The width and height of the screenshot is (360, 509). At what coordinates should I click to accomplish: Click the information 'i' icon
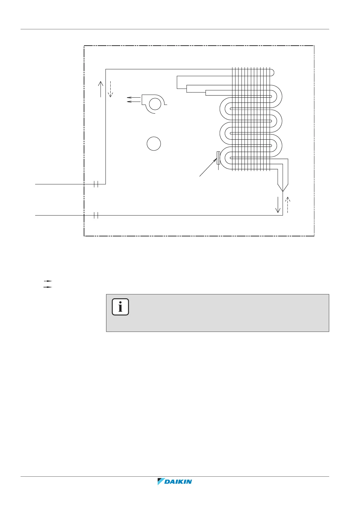(120, 307)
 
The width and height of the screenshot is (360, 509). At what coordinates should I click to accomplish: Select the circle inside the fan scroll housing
(155, 104)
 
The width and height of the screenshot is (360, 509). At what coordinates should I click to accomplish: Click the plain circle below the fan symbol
(154, 144)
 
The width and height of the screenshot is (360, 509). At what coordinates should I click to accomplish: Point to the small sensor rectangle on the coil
(218, 158)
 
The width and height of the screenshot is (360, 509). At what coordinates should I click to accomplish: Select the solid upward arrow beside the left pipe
(101, 89)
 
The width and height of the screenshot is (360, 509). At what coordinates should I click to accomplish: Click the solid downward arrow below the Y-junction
(278, 205)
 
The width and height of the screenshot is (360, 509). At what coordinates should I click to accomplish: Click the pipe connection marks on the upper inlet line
(96, 184)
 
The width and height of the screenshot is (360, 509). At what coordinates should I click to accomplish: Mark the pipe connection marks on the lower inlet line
(96, 215)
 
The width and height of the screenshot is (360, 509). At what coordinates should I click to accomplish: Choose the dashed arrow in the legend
(48, 281)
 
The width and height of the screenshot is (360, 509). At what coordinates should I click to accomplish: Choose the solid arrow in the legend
(48, 287)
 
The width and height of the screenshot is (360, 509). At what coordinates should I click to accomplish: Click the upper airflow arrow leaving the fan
(134, 98)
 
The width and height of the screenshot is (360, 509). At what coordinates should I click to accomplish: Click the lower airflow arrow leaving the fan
(134, 102)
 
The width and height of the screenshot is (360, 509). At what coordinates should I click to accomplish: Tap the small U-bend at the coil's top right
(272, 72)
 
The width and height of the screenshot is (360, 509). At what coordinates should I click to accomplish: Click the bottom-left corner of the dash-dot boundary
(84, 236)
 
